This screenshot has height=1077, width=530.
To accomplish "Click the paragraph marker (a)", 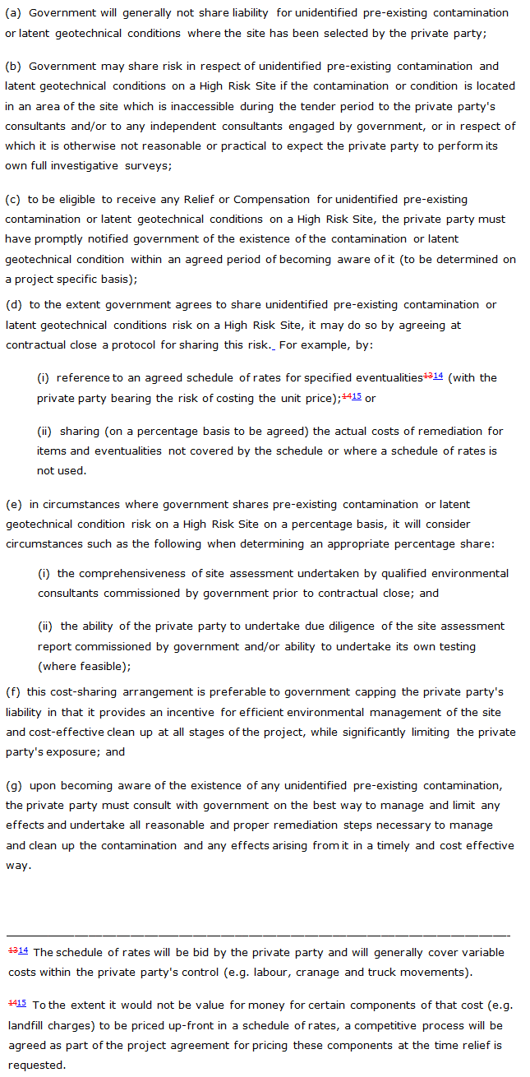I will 13,13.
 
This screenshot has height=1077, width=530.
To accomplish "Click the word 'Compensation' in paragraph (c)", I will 274,199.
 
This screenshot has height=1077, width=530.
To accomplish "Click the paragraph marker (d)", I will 13,304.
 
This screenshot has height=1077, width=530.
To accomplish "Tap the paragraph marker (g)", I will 13,785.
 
